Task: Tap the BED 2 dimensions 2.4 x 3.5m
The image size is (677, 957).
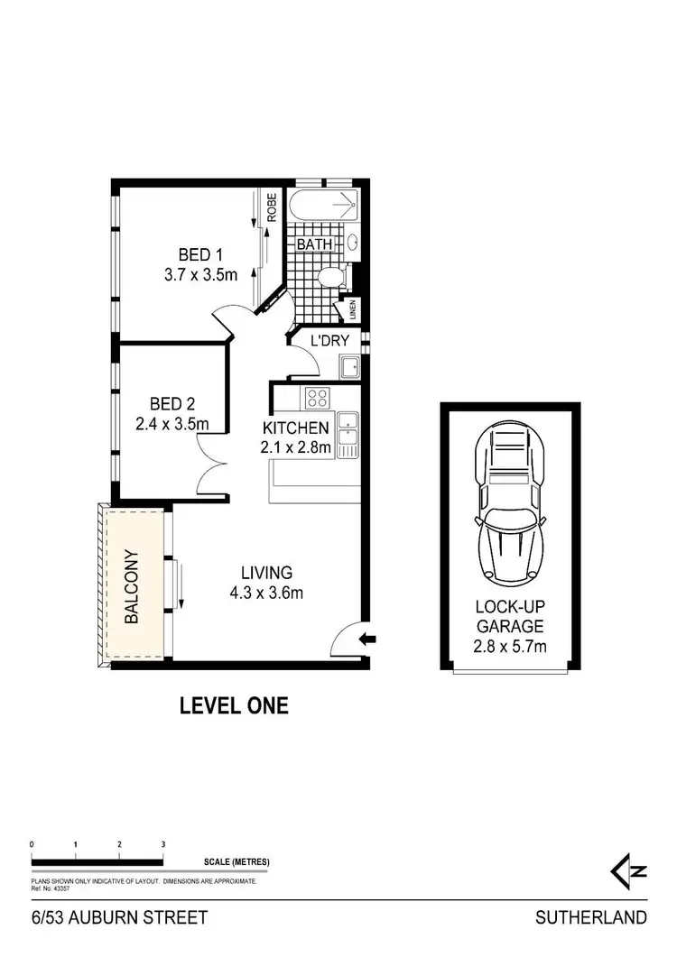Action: coord(172,422)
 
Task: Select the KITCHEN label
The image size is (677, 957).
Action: coord(296,428)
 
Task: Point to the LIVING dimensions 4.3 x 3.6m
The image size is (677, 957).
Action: coord(266,593)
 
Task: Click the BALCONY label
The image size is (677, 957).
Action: coord(132,586)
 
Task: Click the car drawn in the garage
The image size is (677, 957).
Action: coord(510,505)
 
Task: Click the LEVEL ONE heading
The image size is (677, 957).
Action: coord(235,705)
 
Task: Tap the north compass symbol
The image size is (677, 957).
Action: coord(628,870)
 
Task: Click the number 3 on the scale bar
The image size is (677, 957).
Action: coord(163,844)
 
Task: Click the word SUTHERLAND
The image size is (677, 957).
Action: coord(591,918)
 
